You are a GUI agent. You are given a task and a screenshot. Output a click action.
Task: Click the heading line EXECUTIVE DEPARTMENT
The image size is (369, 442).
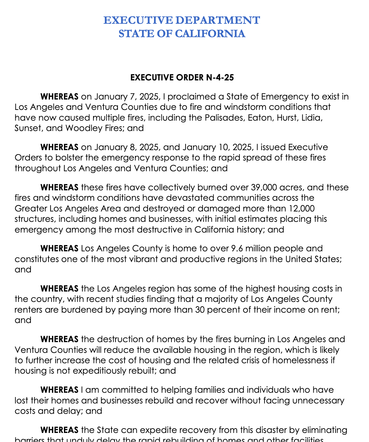point(181,20)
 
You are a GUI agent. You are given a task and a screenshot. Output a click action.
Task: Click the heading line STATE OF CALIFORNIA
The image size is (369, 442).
point(182,34)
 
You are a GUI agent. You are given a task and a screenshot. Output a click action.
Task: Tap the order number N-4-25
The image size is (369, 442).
point(220,78)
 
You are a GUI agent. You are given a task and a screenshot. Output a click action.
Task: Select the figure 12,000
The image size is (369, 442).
point(300,208)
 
